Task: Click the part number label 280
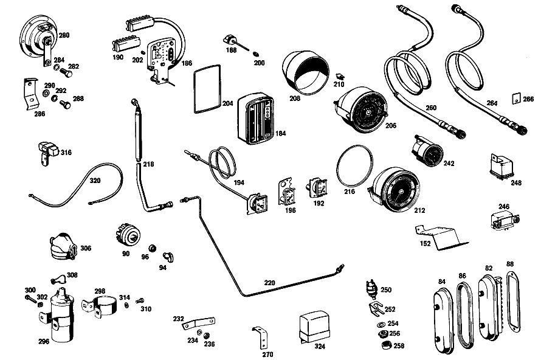pos(64,35)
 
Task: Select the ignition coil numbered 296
pos(61,316)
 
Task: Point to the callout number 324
pos(320,347)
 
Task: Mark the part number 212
pos(419,210)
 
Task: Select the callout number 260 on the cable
pos(431,108)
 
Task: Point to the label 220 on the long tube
pos(270,282)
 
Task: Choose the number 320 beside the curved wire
pos(95,180)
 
